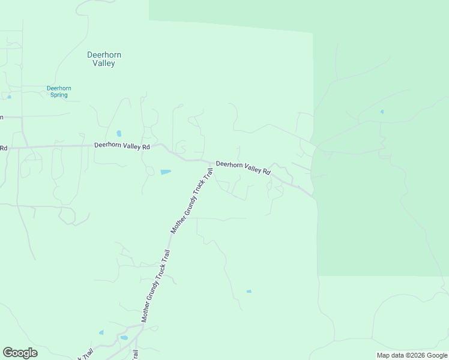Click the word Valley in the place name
pos(104,63)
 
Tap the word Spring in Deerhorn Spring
pos(59,95)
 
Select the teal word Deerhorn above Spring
pos(59,88)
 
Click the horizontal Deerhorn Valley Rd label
pos(122,146)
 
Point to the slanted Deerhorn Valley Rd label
pos(243,167)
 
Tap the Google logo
pos(20,353)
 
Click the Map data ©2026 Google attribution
pos(412,355)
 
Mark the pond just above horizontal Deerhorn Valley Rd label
pos(119,133)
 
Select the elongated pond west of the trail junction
pos(166,172)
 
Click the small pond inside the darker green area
pos(382,112)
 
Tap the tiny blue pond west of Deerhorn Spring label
pos(9,97)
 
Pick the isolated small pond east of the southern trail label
pos(249,292)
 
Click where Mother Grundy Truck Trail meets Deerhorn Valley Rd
pos(211,163)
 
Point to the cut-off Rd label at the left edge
pos(3,148)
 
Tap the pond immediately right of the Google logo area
pos(101,332)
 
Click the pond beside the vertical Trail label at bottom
pos(124,338)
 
